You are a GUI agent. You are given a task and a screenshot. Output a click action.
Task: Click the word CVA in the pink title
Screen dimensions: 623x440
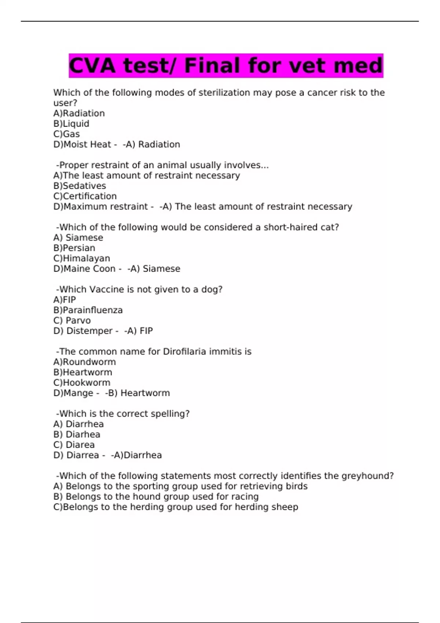pos(93,66)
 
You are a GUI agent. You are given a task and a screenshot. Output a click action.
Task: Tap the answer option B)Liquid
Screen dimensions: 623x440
pos(71,124)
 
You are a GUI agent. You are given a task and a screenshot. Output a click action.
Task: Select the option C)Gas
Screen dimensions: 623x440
pos(66,134)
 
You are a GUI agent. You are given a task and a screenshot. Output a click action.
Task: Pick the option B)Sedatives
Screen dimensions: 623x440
pos(80,186)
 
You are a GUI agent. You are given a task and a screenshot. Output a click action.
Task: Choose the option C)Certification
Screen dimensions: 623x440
pos(85,196)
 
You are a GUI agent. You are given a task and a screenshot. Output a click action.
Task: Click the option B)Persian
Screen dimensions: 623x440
pos(74,248)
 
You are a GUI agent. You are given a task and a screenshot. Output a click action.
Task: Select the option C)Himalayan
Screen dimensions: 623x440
pos(81,258)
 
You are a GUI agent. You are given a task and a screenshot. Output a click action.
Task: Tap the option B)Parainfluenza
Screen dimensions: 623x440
pos(88,310)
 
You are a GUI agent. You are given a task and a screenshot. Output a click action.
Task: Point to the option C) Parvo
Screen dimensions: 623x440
pos(72,321)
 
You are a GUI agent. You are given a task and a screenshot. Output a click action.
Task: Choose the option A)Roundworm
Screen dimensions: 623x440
pos(84,362)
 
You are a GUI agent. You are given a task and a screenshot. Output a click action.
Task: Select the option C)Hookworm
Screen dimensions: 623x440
pos(81,383)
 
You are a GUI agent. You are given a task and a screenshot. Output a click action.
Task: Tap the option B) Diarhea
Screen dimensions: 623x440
pos(77,435)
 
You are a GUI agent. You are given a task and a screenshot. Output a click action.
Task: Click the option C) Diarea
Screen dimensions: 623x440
pos(74,445)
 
